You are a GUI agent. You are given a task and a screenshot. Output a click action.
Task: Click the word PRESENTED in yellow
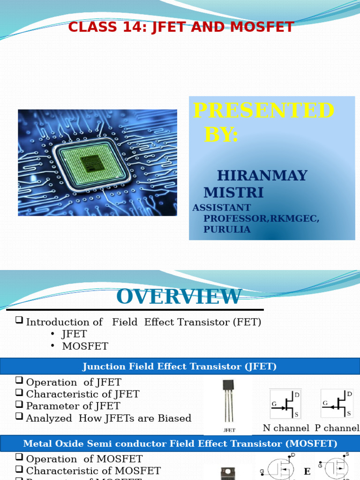263,111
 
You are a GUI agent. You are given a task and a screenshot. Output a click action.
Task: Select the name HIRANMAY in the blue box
262,176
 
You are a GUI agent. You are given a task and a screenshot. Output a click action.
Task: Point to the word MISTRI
233,192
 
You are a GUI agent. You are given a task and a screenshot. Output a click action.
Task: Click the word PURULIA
226,229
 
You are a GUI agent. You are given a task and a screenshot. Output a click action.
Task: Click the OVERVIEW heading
179,296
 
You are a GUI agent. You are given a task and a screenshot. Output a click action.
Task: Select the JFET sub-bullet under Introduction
74,334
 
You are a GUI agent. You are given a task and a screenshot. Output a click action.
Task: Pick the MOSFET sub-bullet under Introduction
85,346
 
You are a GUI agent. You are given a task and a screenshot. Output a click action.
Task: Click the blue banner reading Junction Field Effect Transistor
180,366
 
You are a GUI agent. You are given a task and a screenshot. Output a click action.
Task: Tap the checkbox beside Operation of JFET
19,381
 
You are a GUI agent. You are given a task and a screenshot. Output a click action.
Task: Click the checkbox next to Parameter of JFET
19,405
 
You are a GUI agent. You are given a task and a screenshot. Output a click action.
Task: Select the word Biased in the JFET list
175,418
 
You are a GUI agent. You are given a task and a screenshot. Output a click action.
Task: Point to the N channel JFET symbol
285,403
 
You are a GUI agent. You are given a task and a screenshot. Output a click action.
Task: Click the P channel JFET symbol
337,403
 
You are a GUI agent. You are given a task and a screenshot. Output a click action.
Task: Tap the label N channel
286,428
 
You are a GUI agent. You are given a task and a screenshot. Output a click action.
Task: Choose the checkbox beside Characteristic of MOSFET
19,470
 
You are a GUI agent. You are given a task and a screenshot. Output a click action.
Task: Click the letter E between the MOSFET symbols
307,471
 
